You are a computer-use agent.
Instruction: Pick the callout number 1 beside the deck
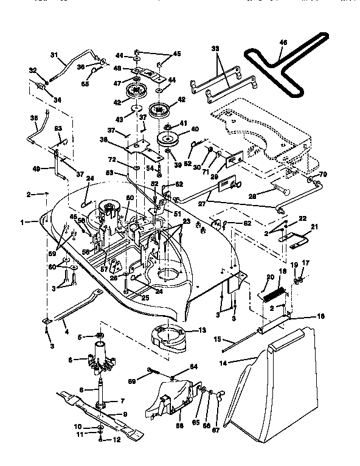pos(22,223)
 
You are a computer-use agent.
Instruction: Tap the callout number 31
pos(54,56)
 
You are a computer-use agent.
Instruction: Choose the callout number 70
pos(322,174)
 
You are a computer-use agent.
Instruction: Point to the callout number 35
pos(33,118)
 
